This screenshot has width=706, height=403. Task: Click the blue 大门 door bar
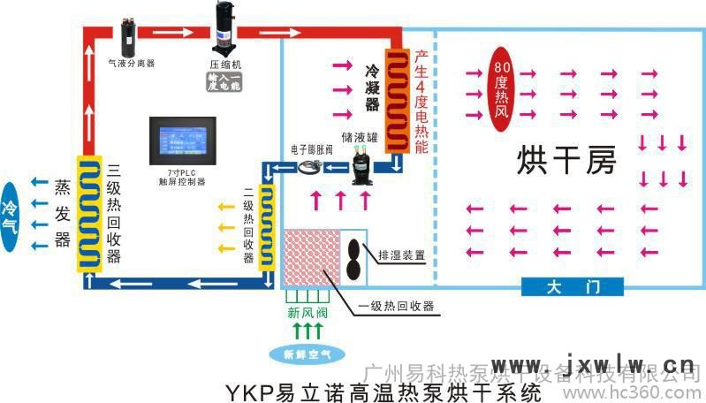click(573, 287)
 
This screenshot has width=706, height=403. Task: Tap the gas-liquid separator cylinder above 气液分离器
click(131, 36)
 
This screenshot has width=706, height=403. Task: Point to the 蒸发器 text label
click(62, 213)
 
